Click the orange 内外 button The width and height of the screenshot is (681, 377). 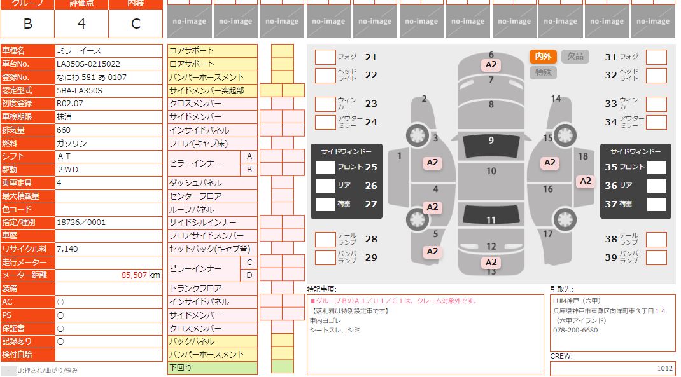pos(543,57)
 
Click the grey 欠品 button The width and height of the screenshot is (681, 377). pos(575,57)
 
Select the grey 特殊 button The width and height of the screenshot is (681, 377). pos(543,72)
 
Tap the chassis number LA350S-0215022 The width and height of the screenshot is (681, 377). pos(88,64)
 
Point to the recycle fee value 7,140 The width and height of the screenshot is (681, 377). pos(67,249)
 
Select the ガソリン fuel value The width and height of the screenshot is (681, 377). pos(72,144)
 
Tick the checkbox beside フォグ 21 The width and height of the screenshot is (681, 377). pos(325,57)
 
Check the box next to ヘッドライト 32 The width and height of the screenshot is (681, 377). pos(656,76)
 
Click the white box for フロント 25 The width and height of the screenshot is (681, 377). pos(325,168)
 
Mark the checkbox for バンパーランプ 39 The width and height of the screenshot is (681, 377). pos(656,257)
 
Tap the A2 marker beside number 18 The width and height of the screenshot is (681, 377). pos(585,181)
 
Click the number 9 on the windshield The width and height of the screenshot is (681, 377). pos(491,141)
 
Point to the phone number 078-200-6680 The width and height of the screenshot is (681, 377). pos(575,331)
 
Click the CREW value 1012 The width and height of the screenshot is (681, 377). pos(664,368)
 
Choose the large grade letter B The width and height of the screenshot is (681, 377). pos(27,24)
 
